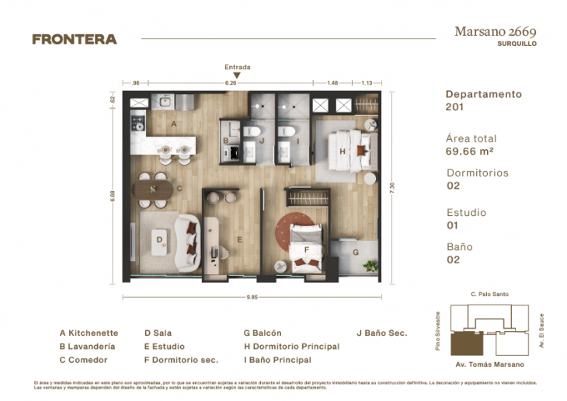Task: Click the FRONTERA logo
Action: pyautogui.click(x=75, y=39)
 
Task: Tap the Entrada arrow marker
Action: pyautogui.click(x=237, y=75)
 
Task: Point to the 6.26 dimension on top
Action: pyautogui.click(x=231, y=82)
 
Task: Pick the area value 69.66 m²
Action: pyautogui.click(x=471, y=152)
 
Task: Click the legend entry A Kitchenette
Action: pyautogui.click(x=89, y=333)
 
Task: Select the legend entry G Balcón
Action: pyautogui.click(x=262, y=333)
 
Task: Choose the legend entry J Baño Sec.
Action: pyautogui.click(x=381, y=333)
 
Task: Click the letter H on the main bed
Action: pyautogui.click(x=342, y=151)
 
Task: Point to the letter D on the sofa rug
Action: pyautogui.click(x=158, y=240)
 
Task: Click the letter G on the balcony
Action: pyautogui.click(x=355, y=253)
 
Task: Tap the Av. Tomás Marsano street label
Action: pyautogui.click(x=489, y=364)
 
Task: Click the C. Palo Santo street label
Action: pyautogui.click(x=489, y=295)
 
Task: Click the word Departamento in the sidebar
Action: pyautogui.click(x=483, y=94)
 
